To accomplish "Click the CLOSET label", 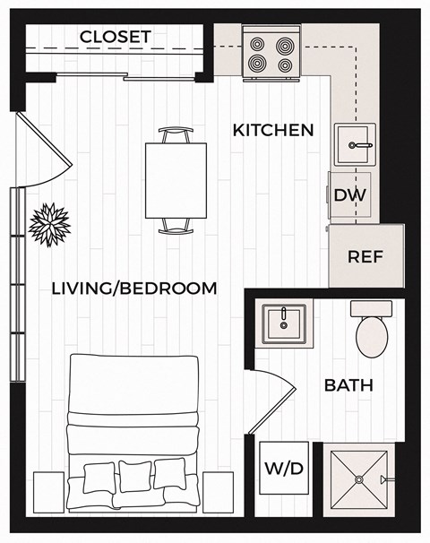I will (x=116, y=37).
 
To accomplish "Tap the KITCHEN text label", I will (x=273, y=130).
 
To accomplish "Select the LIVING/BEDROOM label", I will (x=134, y=289).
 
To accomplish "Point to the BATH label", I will (x=348, y=386).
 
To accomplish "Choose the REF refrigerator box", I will (x=365, y=256).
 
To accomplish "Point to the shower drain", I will (x=357, y=480).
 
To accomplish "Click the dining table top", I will (x=176, y=180).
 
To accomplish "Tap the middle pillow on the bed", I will (x=135, y=476).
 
